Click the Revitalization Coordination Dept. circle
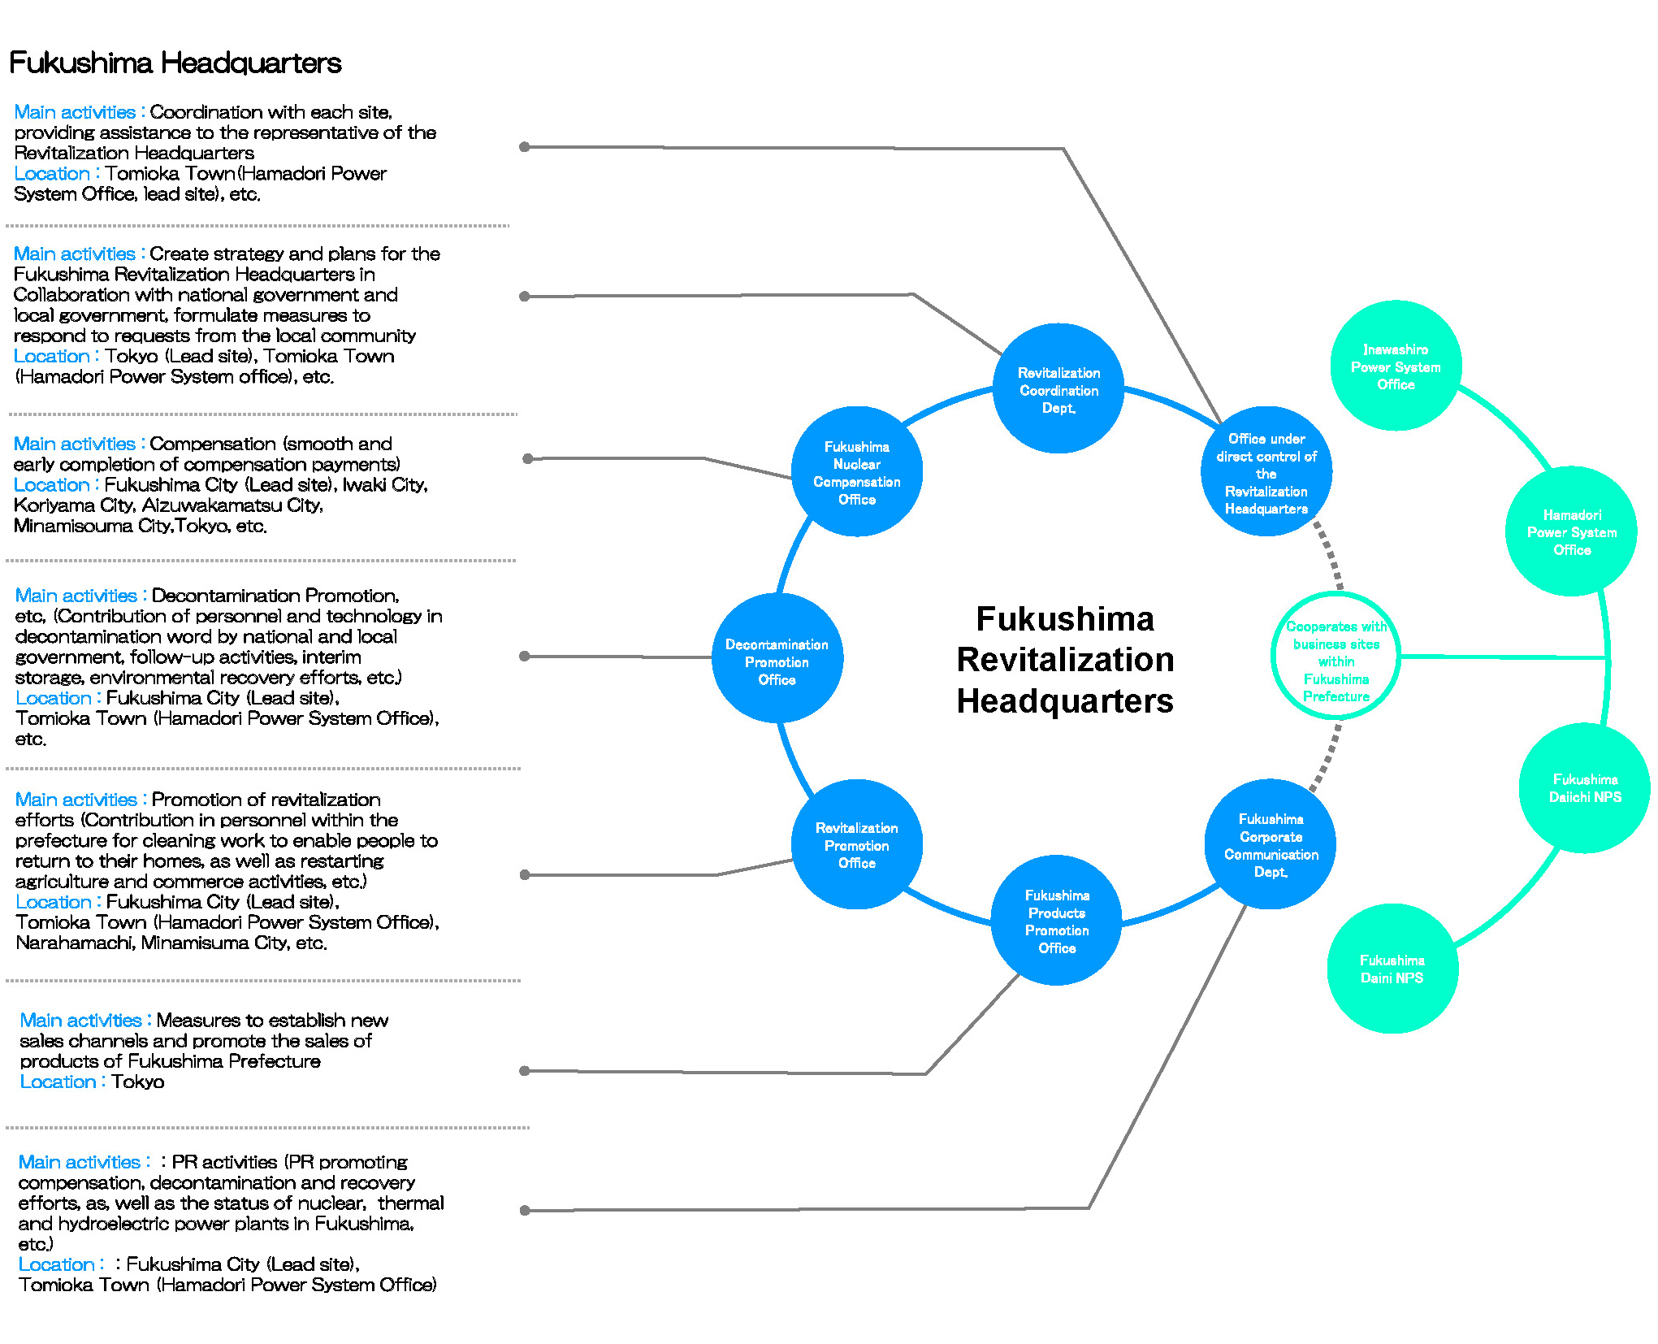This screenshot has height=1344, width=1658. point(1058,389)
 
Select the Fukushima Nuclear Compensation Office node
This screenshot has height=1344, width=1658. point(857,472)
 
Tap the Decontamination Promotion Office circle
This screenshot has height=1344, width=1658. point(777,658)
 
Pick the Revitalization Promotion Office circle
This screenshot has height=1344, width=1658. point(857,845)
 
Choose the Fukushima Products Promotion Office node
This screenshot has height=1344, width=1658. point(1057,921)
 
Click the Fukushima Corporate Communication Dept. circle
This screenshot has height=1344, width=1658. point(1271,845)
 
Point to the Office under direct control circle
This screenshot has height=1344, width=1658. point(1266,472)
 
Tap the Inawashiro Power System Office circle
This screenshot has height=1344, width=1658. point(1396,366)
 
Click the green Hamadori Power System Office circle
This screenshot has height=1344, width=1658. point(1571,531)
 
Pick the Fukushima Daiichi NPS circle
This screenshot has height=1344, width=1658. point(1584,788)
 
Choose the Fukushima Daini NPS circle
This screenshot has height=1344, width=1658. point(1392,969)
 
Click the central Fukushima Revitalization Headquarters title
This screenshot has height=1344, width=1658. point(1065,660)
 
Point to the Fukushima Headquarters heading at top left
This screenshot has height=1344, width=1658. point(175,63)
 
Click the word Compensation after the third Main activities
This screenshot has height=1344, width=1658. point(212,444)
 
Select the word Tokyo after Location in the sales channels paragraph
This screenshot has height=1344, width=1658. point(137,1082)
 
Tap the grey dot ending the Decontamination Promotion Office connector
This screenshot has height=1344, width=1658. point(525,656)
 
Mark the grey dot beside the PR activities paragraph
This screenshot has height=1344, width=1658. point(525,1210)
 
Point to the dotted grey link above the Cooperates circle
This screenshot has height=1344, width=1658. point(1329,555)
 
